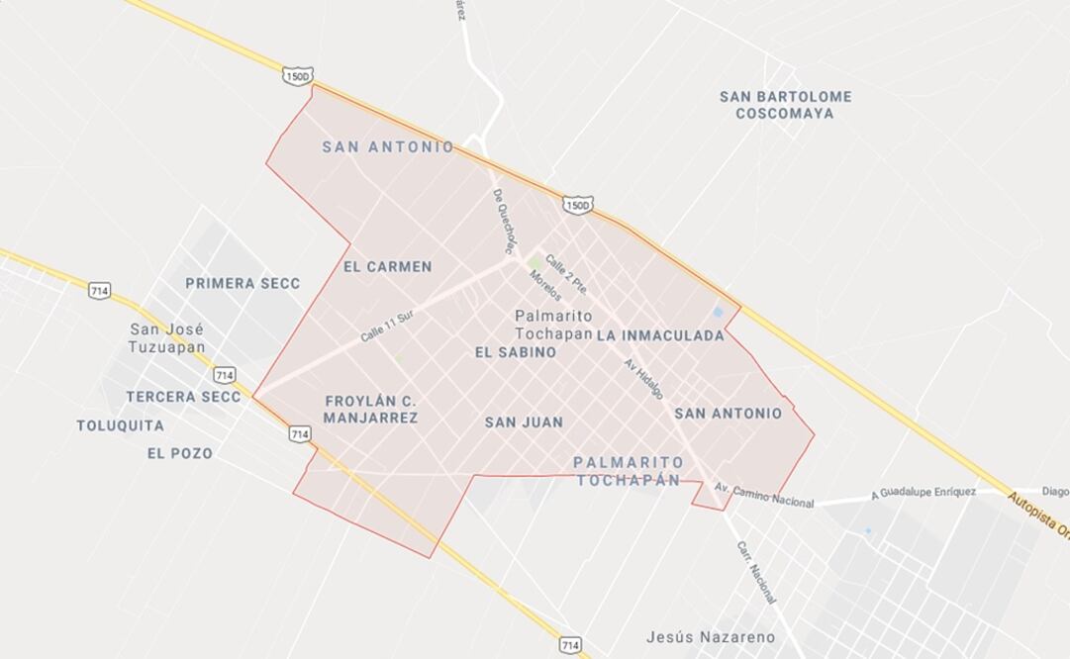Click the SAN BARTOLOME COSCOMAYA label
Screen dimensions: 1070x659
coord(785,105)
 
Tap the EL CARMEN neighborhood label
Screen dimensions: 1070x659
coord(387,267)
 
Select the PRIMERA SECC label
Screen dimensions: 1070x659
coord(243,283)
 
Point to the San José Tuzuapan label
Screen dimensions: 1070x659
coord(166,337)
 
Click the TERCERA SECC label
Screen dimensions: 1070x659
coord(183,397)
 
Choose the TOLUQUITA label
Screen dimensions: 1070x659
coord(121,425)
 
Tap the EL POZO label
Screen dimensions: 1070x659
coord(179,453)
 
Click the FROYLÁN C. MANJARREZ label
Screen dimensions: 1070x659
coord(371,410)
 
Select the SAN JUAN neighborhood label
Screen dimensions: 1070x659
coord(524,423)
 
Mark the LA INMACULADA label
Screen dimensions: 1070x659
coord(660,336)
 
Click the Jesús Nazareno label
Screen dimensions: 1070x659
coord(710,636)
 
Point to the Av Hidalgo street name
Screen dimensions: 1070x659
coord(643,378)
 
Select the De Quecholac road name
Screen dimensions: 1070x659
coord(505,219)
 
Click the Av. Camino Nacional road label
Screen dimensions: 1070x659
coord(763,496)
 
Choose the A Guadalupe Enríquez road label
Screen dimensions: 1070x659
coord(924,493)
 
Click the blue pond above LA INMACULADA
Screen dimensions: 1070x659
coord(718,313)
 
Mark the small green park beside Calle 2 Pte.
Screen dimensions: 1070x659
coord(535,263)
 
